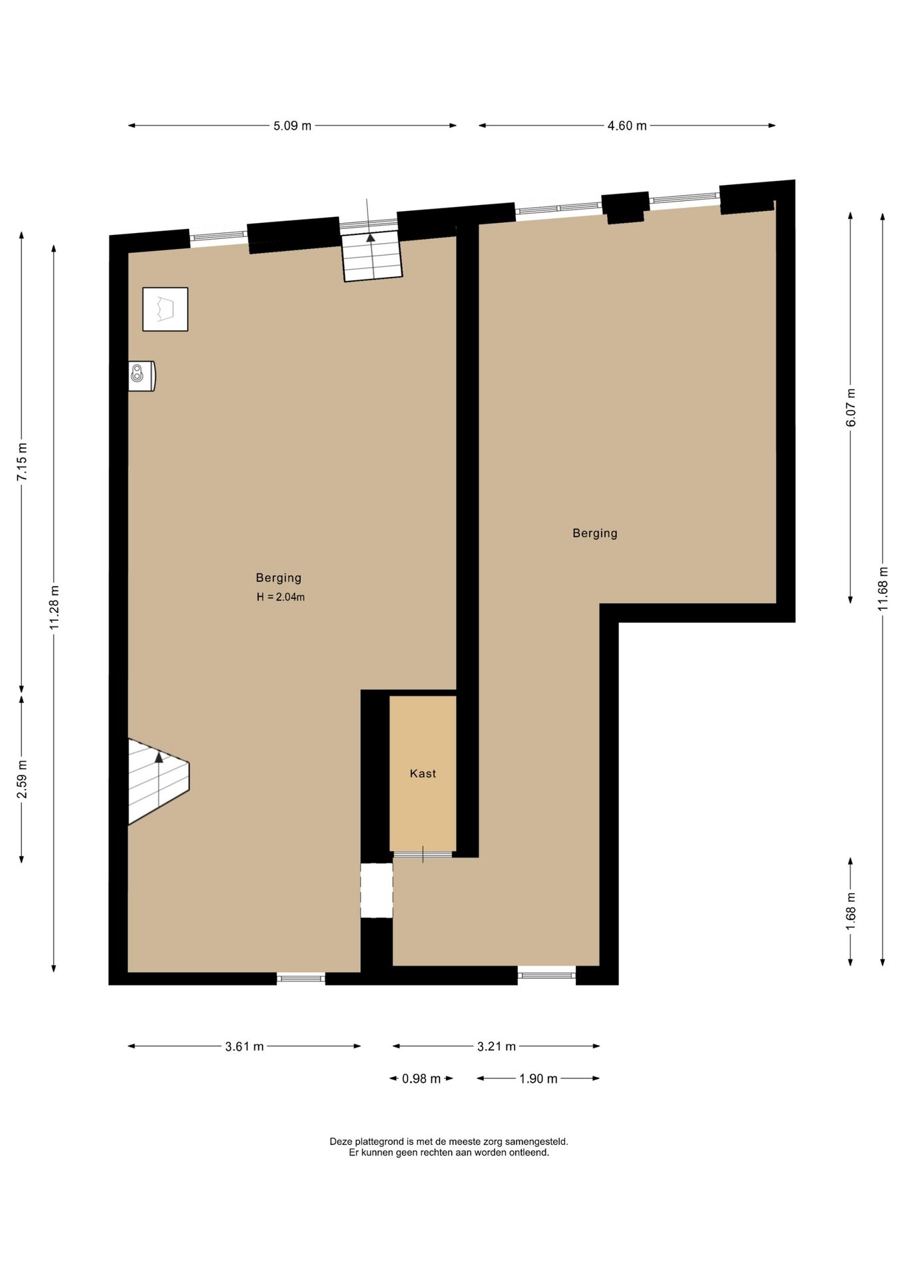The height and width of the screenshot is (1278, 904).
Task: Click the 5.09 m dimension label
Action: click(292, 126)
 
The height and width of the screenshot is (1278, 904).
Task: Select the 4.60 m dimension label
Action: click(627, 126)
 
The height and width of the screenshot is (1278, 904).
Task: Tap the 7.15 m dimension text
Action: click(22, 461)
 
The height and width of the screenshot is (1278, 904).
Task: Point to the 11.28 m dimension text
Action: click(55, 608)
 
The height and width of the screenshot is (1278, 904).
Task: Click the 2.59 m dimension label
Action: click(22, 779)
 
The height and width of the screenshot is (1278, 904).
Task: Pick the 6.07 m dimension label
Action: click(851, 407)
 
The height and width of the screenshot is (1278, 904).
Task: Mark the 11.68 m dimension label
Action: click(883, 588)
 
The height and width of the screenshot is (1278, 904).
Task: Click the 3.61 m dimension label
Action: click(244, 1046)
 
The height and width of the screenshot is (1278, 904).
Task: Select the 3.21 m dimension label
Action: click(497, 1046)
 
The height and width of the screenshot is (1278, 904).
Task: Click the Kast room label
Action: click(423, 773)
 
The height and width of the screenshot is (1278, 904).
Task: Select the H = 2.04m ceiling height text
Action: click(281, 597)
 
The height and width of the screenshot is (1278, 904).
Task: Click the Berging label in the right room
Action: click(595, 533)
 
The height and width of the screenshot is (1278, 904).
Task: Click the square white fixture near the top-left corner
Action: click(165, 310)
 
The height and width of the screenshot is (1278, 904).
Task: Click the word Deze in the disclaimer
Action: click(340, 1142)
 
